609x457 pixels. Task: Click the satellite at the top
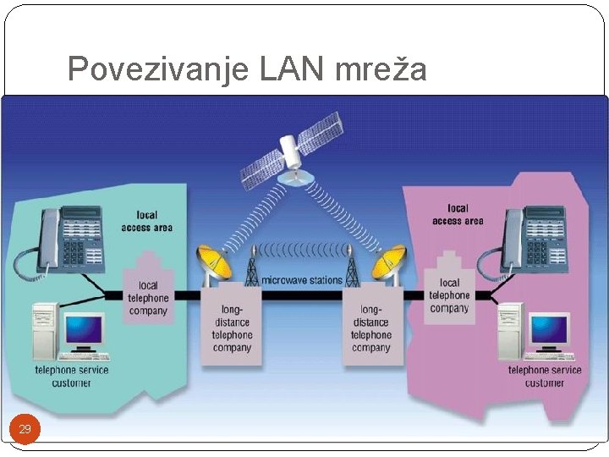(291, 157)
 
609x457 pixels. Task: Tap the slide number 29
(25, 429)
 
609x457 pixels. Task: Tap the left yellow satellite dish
(213, 263)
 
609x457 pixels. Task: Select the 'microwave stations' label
(301, 280)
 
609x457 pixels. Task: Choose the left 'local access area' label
(147, 221)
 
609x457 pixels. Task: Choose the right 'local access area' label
(458, 214)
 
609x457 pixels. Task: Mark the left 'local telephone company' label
(148, 298)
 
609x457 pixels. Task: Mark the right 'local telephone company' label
(449, 295)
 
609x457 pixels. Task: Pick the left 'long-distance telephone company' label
(232, 328)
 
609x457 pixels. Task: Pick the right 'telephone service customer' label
(544, 377)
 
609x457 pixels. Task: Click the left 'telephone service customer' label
(72, 377)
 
